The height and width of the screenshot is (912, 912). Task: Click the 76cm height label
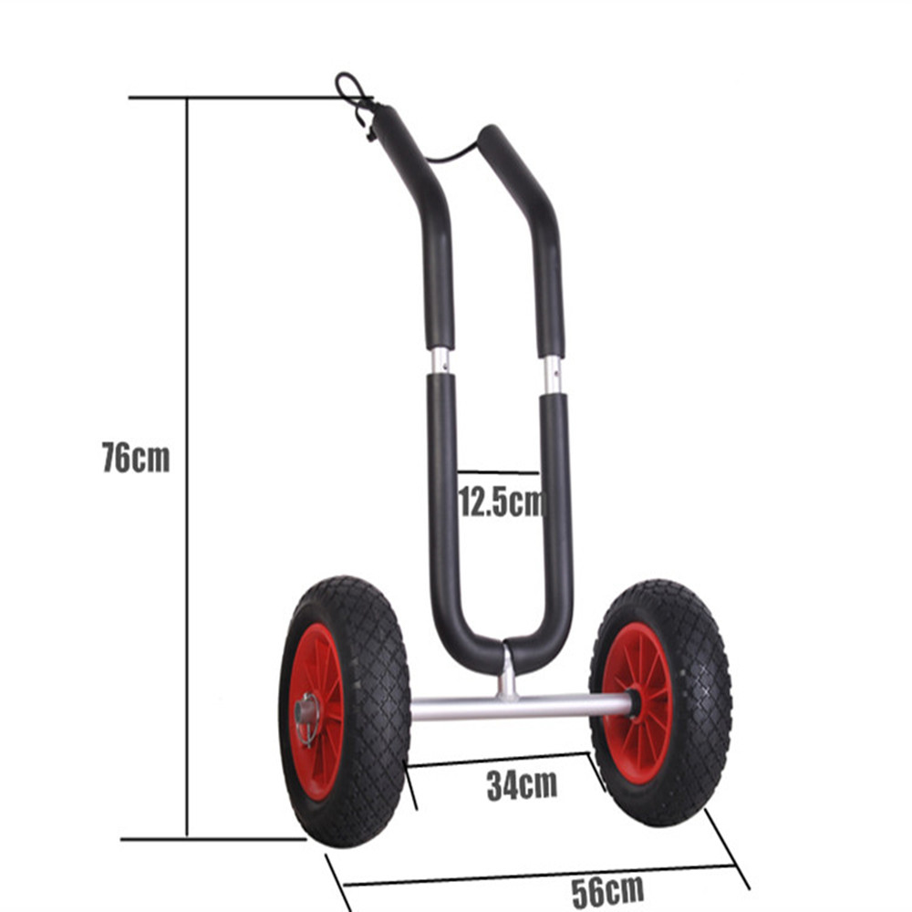[136, 458]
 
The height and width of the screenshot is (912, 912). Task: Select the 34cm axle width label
[522, 785]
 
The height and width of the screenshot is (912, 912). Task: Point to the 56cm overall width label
[607, 890]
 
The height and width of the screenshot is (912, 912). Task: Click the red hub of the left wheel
[317, 711]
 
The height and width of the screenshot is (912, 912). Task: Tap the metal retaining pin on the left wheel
[306, 719]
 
